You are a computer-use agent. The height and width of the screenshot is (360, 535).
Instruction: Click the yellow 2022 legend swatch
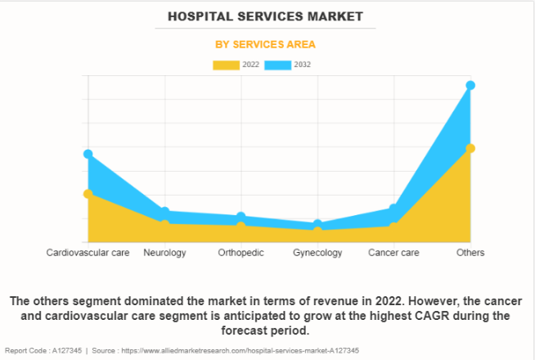click(227, 65)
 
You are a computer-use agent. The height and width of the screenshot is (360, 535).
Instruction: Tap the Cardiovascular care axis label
click(88, 253)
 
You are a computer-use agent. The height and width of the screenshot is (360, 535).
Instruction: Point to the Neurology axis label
click(164, 253)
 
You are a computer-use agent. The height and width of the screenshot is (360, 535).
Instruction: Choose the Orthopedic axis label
click(241, 253)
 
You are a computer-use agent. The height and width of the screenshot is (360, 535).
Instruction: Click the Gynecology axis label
click(317, 253)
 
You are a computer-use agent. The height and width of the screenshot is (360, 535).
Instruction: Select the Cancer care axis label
click(393, 253)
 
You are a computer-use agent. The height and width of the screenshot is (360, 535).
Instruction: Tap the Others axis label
click(470, 253)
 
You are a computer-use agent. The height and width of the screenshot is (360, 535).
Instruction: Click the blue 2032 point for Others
click(470, 85)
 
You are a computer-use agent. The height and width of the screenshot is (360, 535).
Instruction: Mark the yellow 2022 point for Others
click(470, 148)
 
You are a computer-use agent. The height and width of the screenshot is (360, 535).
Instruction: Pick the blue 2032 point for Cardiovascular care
click(88, 154)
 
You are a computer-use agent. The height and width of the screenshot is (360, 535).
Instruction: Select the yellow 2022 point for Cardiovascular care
click(88, 194)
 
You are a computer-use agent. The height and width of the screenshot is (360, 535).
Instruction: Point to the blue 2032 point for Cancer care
click(393, 209)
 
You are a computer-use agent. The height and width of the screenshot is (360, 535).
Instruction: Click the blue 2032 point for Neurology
click(164, 212)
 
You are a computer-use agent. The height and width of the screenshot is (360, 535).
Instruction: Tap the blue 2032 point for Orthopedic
click(241, 217)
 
